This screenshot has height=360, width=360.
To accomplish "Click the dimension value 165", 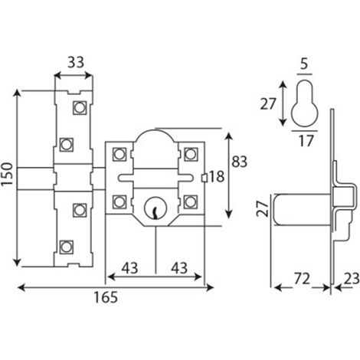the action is pos(106,297).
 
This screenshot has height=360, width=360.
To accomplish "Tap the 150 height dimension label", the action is pos(7,174).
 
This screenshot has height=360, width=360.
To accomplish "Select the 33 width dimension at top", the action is pos(76,62).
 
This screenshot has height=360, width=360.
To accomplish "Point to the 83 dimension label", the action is pos(239,162).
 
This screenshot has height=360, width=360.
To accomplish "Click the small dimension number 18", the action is pos(217,176).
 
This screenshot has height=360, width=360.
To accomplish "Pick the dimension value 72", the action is pos(302,279).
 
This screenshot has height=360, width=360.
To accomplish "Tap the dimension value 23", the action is pos(352,279).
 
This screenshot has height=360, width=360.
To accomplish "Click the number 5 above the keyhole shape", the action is pos(304,64).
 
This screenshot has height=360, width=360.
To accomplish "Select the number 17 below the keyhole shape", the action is pos(306,141).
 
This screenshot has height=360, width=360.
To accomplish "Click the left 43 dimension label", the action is pos(129,268).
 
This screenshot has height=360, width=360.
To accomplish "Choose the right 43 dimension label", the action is pos(179,268).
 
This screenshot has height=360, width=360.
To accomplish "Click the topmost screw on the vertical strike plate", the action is pos(80,108).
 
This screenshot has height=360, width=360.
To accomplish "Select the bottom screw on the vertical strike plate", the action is pos(66,247).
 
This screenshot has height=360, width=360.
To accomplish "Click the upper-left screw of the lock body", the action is pos(119,154).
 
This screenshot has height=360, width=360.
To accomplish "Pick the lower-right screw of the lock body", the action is pos(191,201).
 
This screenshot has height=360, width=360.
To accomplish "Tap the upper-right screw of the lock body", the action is pos(191,154).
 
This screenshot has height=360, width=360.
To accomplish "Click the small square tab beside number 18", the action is pos(205,178).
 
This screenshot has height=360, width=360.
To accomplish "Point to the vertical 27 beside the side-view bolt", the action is pos(262,209).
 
